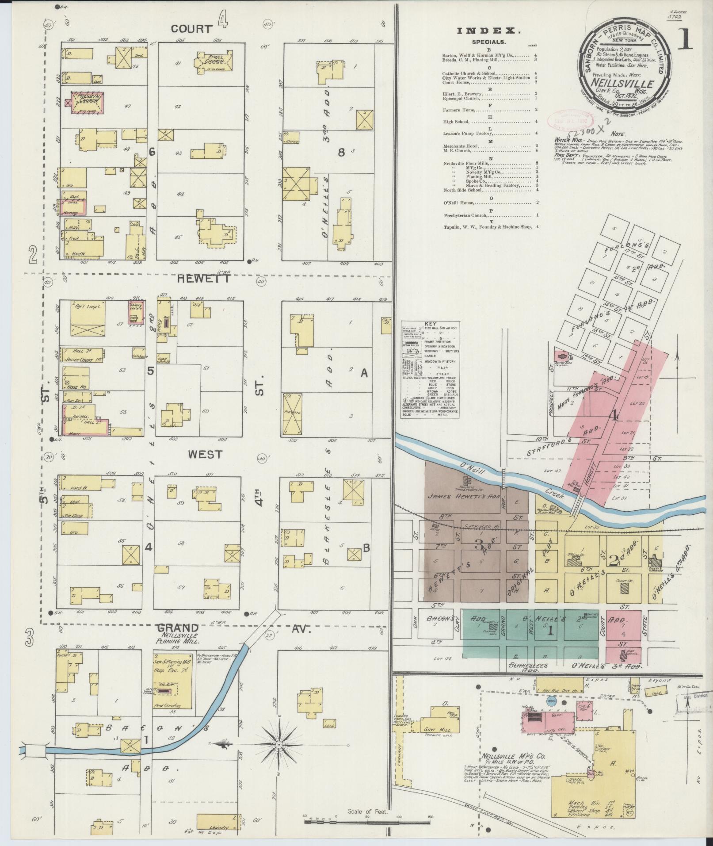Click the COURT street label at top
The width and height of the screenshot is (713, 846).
coord(192,29)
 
